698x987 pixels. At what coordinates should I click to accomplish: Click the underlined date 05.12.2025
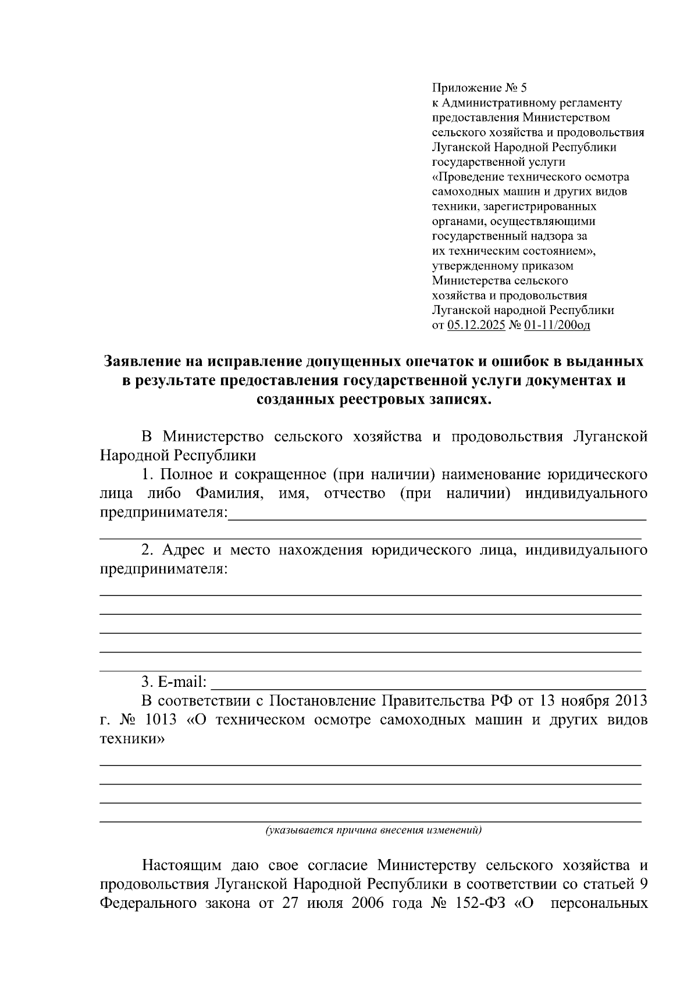(476, 325)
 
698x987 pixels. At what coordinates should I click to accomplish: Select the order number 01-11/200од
(557, 325)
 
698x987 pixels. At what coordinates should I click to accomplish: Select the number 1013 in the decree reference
(161, 720)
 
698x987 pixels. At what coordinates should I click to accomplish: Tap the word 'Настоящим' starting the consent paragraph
(183, 865)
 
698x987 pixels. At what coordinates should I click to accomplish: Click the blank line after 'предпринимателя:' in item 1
(436, 514)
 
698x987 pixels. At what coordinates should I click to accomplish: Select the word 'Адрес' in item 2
(183, 550)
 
